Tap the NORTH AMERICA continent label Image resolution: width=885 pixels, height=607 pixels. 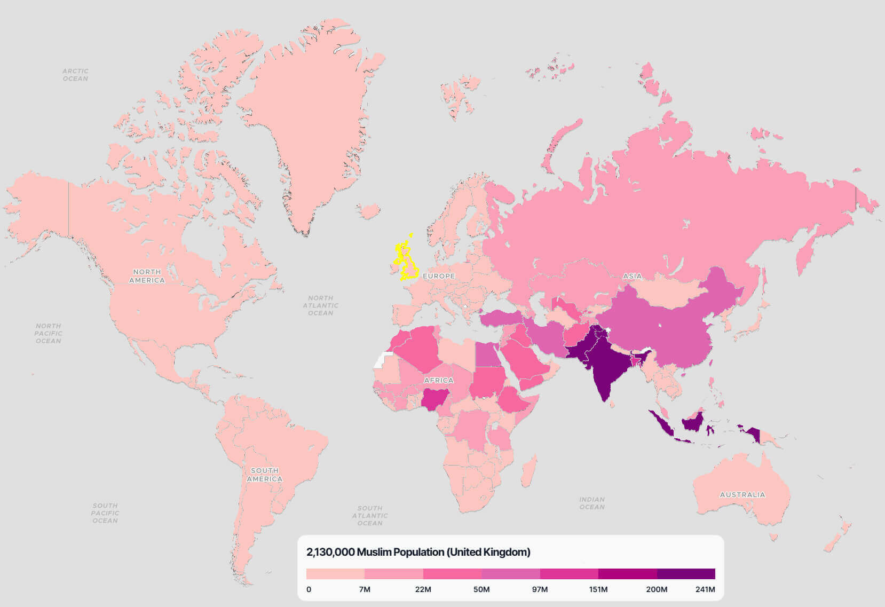[147, 276]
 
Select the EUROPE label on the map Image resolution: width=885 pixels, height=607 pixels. [439, 276]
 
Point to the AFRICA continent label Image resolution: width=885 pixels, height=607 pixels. [438, 380]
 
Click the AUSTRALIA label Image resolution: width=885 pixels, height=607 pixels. [742, 495]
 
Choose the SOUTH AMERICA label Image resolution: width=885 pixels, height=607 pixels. [264, 475]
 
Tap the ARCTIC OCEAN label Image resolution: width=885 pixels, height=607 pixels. [75, 75]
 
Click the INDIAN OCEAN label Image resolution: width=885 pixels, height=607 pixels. [592, 503]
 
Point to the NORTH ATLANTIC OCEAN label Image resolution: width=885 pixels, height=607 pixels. [320, 305]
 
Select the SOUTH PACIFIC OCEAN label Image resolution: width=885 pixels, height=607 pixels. [105, 513]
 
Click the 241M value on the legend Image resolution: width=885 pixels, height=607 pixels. [705, 589]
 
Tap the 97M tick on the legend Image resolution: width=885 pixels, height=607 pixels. [540, 589]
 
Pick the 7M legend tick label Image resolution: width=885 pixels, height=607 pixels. [365, 589]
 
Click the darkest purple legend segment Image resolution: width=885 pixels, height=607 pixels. [686, 574]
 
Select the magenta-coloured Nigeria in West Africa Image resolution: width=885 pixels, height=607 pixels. [433, 398]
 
